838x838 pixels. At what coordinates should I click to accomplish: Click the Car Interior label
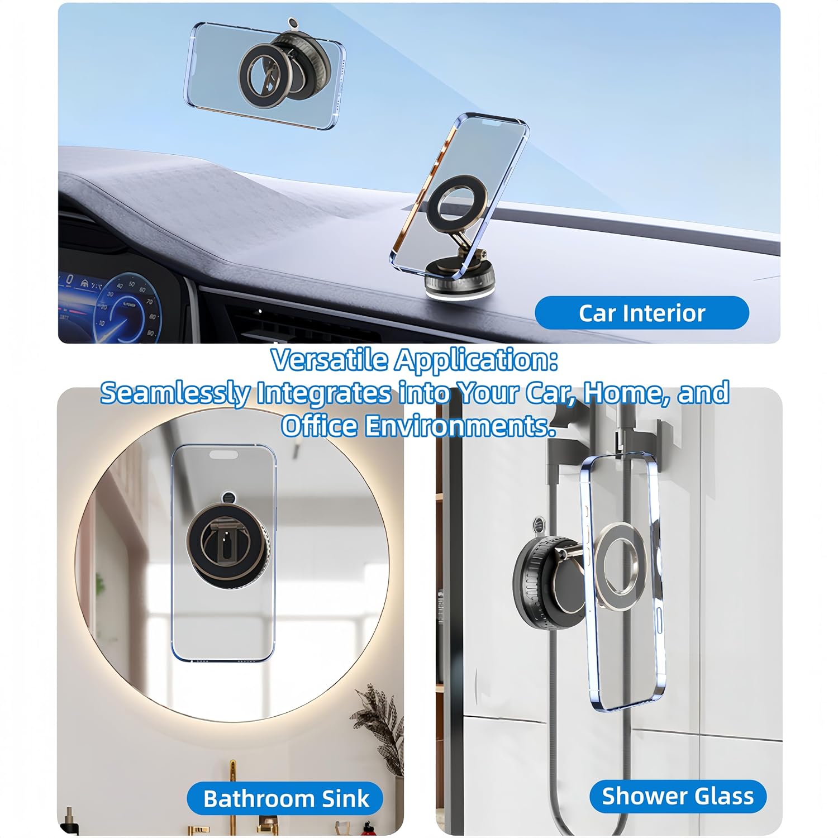tap(642, 313)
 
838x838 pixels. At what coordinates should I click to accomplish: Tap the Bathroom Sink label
tap(285, 798)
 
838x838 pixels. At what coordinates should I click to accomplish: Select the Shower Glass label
tap(678, 796)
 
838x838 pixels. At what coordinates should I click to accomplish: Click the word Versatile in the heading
tap(329, 360)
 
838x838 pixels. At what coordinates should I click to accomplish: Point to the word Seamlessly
tap(175, 393)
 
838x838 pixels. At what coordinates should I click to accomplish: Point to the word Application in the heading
tap(476, 361)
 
